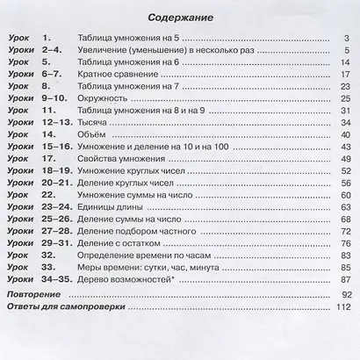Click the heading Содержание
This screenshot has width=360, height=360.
pos(180,17)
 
